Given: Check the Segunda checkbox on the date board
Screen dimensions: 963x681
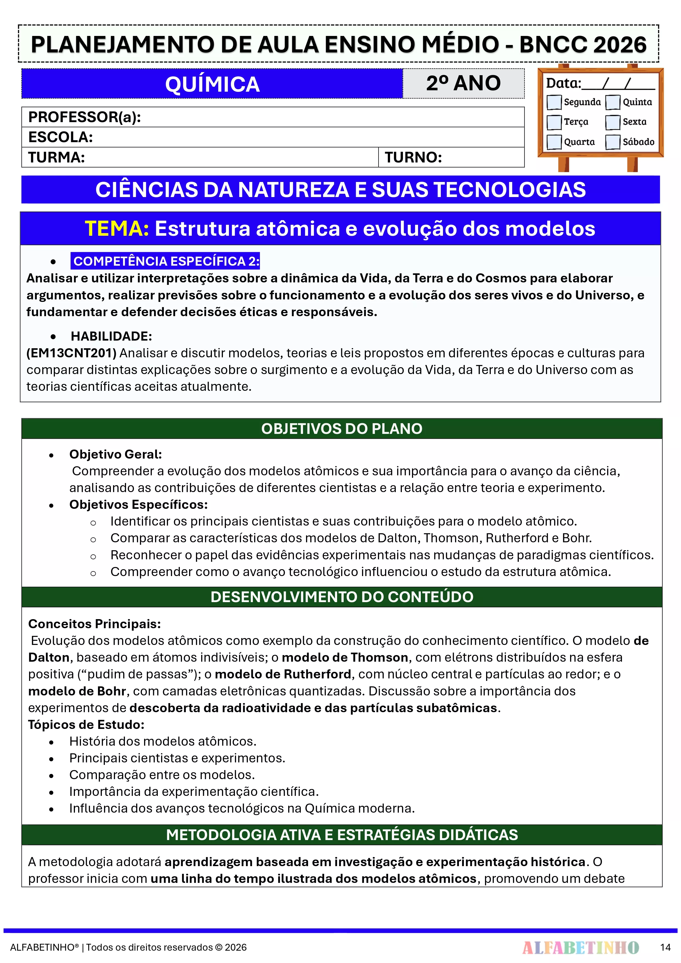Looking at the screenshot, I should coord(554,102).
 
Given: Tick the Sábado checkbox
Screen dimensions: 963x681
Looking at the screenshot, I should coord(613,142).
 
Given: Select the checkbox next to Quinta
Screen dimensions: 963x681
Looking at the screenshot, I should coord(613,102).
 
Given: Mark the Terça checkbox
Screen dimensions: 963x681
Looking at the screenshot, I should coord(554,122).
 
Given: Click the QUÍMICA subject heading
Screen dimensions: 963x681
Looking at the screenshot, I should coord(212,84).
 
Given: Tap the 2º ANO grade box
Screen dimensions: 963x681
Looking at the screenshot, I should coord(463,83).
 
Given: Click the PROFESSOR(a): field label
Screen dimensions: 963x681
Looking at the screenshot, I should coord(84,117).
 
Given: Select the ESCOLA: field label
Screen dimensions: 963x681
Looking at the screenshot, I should coord(60,137).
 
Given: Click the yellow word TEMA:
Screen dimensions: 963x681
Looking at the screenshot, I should coord(117,229).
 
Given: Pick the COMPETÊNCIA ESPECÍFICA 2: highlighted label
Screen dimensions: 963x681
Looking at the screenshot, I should coord(166,261).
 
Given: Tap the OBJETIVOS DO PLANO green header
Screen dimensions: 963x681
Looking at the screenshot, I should coord(341,429).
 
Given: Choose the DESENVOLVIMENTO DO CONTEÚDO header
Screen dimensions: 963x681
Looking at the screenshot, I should coord(341,597).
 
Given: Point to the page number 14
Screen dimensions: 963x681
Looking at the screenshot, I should coord(665,947).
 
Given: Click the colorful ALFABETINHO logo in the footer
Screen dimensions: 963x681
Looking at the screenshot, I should coord(580,947).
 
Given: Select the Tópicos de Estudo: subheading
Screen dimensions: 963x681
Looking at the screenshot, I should coord(86,724).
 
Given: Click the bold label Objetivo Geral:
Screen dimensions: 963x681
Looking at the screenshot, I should coord(115,454).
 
